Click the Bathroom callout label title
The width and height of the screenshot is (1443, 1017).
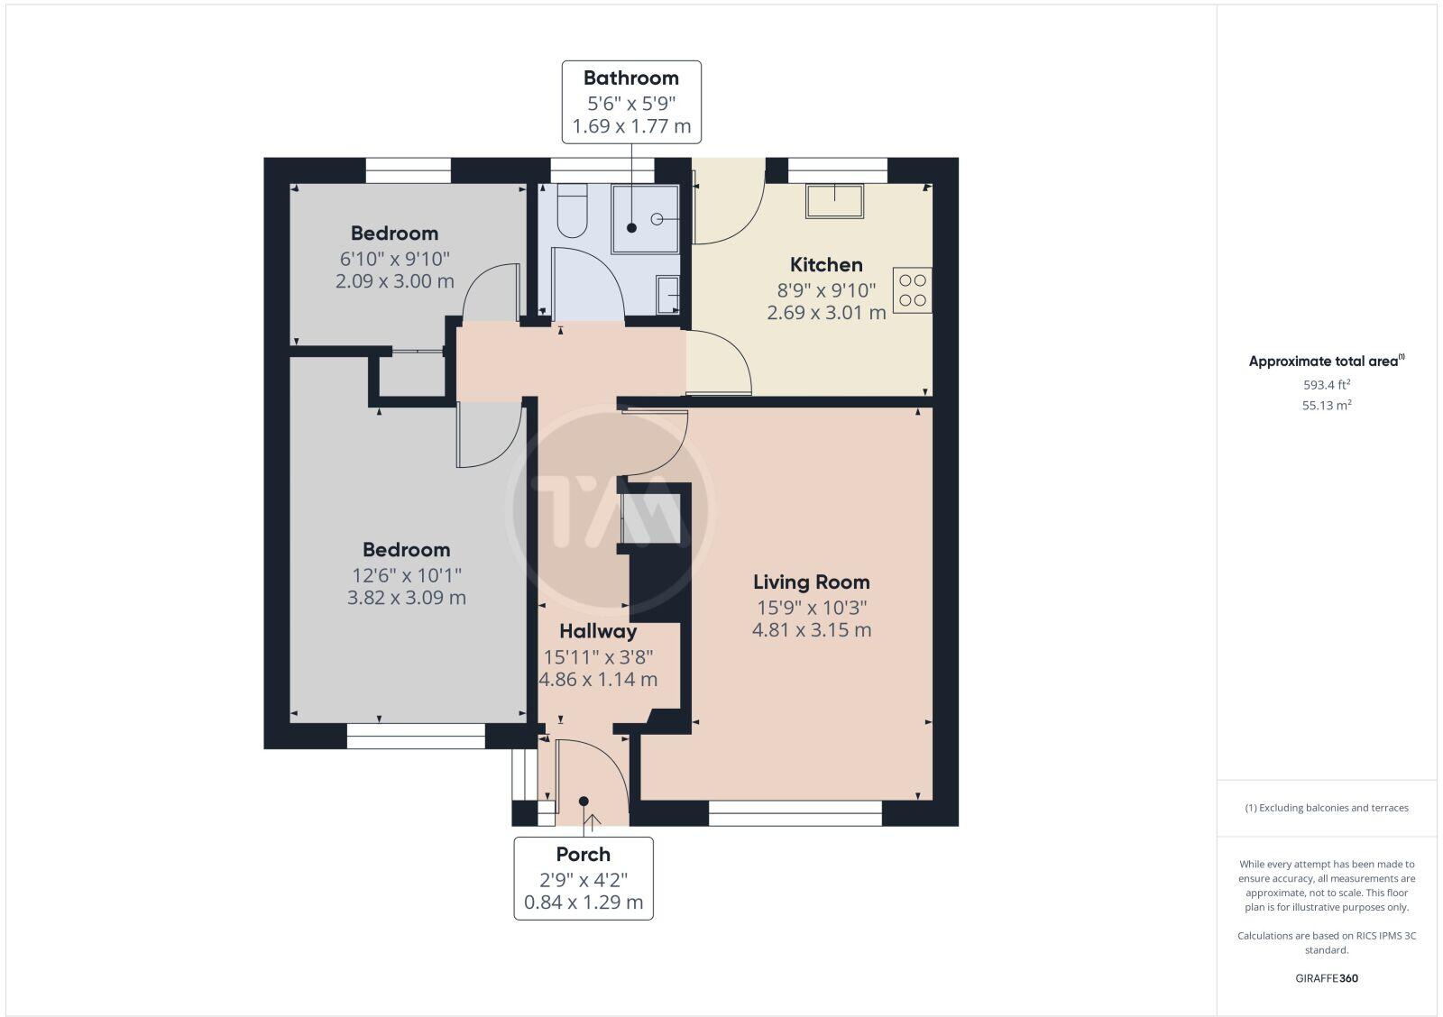click(630, 78)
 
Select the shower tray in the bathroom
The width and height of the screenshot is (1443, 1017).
click(645, 219)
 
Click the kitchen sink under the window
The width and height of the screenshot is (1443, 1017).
click(834, 200)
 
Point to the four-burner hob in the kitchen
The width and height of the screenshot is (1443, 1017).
click(912, 290)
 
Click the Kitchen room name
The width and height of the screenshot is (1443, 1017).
click(826, 265)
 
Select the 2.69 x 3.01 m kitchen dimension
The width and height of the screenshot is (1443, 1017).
click(826, 313)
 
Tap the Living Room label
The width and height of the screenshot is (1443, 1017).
click(811, 582)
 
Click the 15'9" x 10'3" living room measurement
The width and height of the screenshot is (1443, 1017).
click(811, 607)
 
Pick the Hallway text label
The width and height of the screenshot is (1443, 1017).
click(597, 631)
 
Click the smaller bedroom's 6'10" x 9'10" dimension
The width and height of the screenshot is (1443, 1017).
click(394, 259)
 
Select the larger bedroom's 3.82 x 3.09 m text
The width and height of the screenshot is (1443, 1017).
click(407, 598)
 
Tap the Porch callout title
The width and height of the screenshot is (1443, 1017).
click(583, 855)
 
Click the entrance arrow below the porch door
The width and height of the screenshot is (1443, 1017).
click(593, 820)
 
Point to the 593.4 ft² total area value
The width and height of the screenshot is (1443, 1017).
click(1326, 384)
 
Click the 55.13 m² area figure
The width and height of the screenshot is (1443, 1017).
click(1326, 406)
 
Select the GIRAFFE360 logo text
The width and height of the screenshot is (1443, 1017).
click(1326, 978)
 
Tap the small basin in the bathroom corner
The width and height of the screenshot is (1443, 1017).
click(667, 294)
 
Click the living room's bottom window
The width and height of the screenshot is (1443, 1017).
click(795, 813)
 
